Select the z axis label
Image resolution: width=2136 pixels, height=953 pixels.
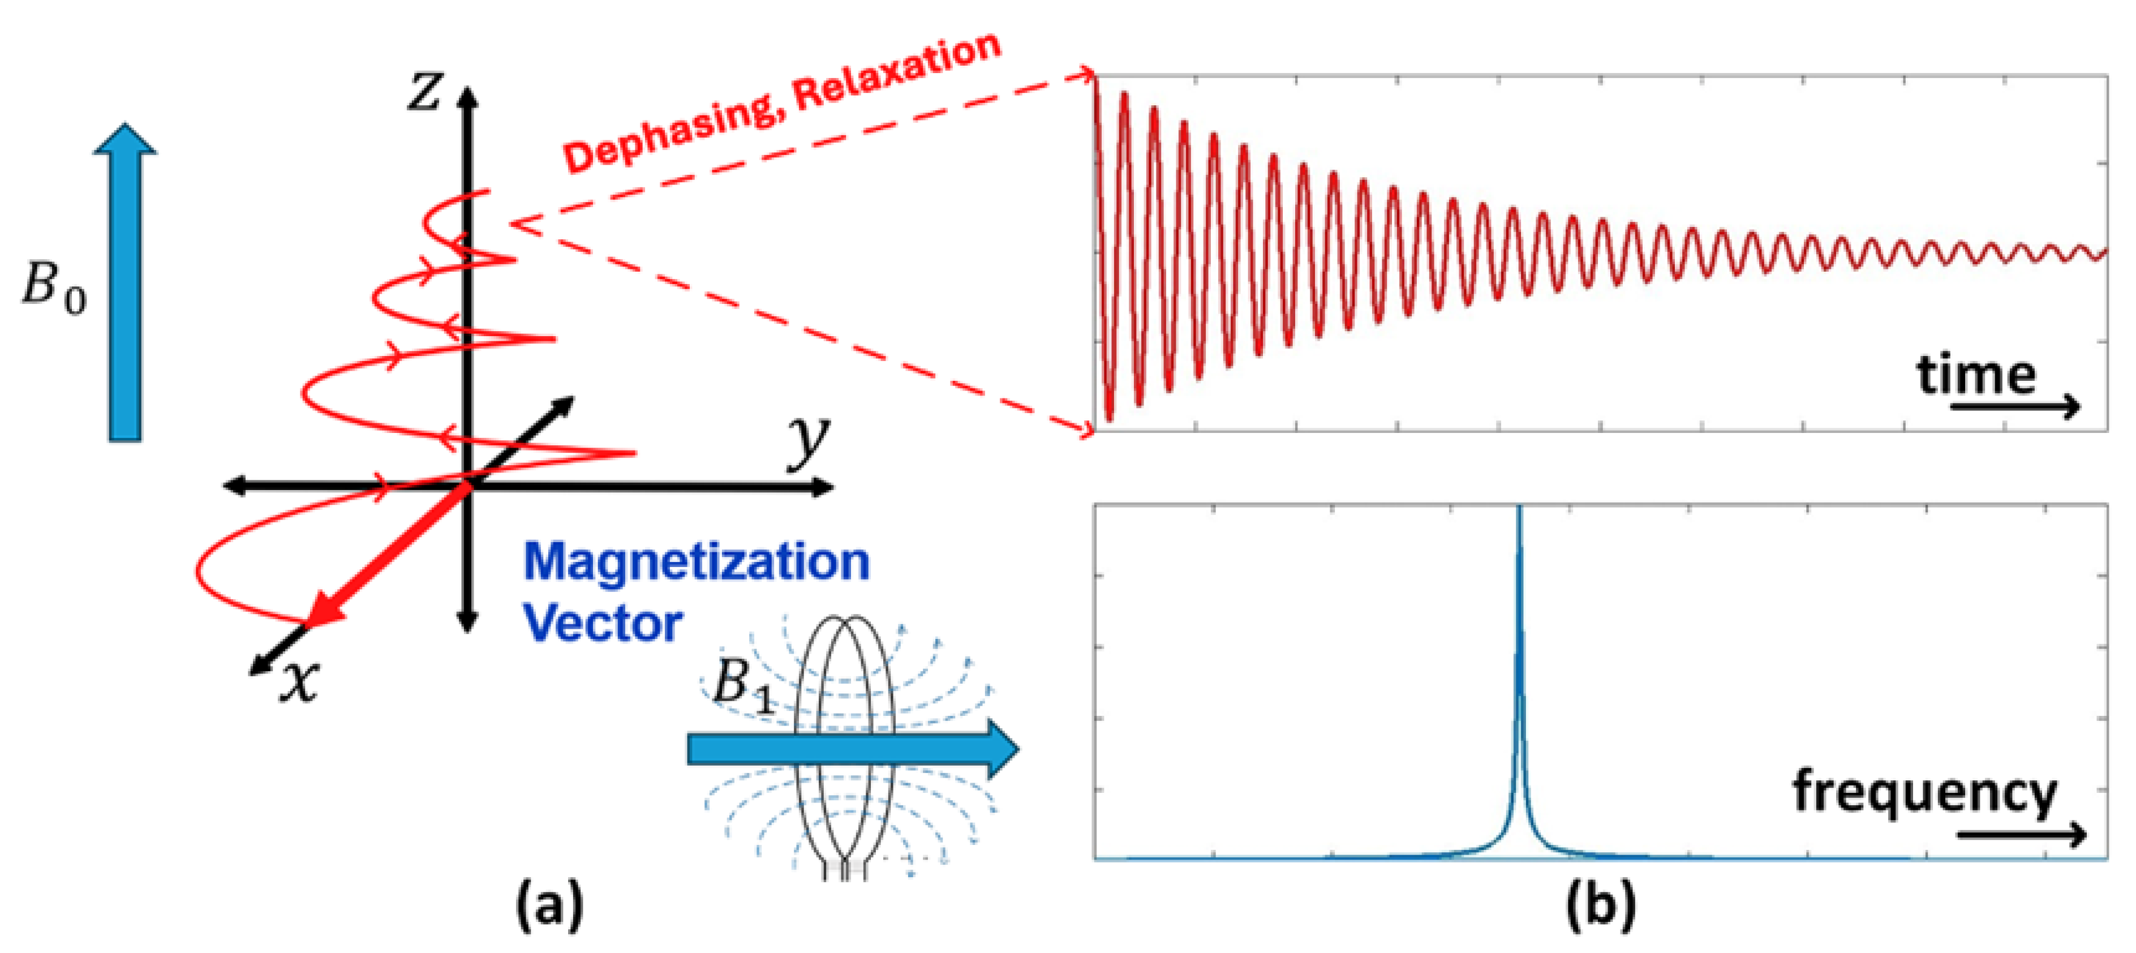(x=424, y=91)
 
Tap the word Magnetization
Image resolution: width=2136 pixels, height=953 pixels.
(x=697, y=563)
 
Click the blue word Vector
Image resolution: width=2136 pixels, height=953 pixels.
(x=603, y=624)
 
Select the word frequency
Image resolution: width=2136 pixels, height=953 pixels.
(x=1924, y=793)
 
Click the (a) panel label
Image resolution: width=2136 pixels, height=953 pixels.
(x=549, y=905)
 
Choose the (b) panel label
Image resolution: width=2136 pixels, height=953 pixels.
(x=1600, y=905)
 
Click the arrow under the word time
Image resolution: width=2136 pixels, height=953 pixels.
(x=2015, y=406)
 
